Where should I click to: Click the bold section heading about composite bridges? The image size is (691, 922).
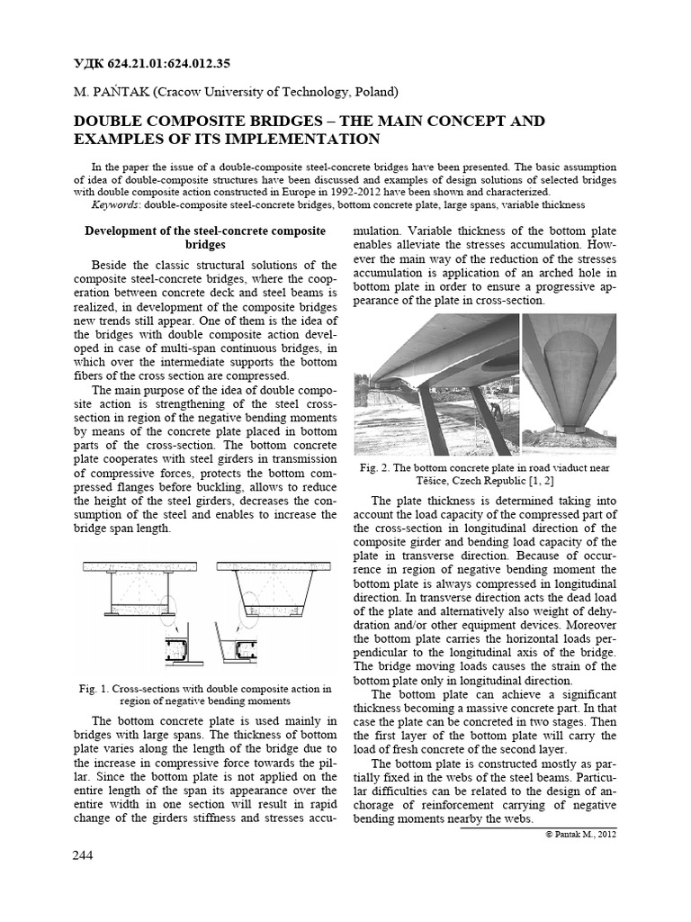point(205,238)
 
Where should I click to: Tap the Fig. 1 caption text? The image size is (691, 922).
point(205,693)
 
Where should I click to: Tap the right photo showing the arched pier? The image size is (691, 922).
point(569,384)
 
